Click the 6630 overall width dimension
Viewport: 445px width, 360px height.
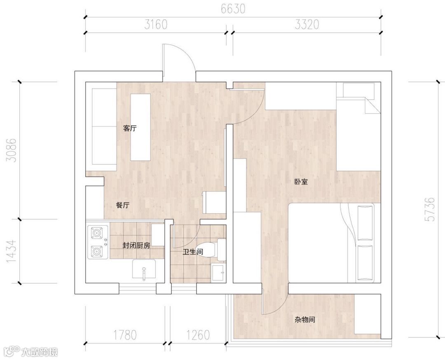point(233,9)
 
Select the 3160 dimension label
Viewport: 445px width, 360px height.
point(156,25)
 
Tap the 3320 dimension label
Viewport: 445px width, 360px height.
point(307,25)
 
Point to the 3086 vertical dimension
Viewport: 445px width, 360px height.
point(12,150)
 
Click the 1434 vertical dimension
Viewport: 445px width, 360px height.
point(12,251)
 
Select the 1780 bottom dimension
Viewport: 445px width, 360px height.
point(125,335)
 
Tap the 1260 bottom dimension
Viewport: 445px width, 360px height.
point(198,335)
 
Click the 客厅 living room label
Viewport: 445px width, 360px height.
point(130,128)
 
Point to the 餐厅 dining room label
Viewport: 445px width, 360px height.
point(123,206)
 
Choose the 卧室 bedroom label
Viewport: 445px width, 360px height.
point(301,182)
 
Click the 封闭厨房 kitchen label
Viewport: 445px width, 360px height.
point(136,245)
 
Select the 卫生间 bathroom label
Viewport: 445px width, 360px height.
point(193,252)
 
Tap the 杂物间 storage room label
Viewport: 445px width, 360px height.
point(305,320)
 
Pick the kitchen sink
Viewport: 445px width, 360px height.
point(144,269)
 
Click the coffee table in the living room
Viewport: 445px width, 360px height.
point(140,127)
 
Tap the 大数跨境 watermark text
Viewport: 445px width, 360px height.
point(40,352)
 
